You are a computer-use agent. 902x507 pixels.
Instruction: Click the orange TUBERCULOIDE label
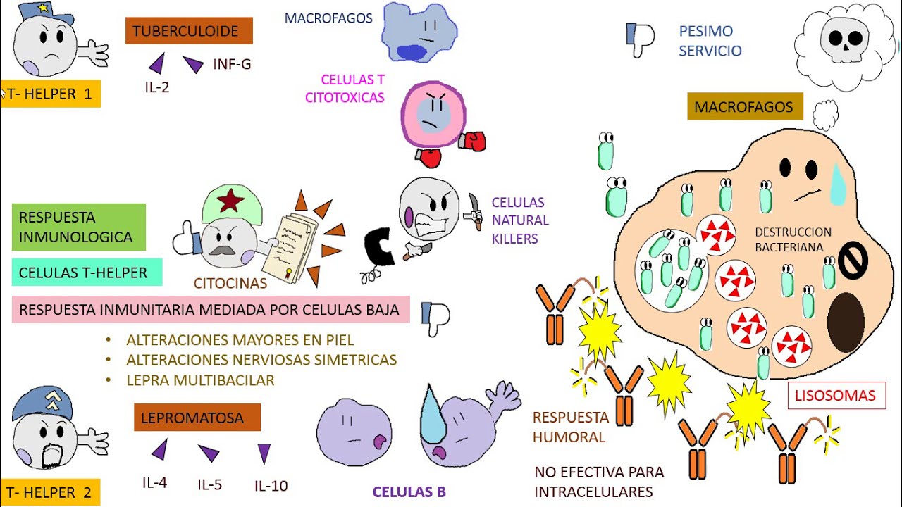[189, 31]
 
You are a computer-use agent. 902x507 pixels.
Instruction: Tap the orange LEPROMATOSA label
[197, 418]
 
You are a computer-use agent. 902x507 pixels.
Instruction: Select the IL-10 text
[271, 486]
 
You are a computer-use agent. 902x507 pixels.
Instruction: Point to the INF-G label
[232, 65]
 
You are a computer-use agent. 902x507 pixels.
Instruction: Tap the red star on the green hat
[231, 202]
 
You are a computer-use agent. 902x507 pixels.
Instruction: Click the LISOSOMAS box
[836, 396]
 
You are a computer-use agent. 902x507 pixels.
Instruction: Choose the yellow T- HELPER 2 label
[49, 492]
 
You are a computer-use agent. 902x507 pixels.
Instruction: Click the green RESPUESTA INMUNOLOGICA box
[78, 227]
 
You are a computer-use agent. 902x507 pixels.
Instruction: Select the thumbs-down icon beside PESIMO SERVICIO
[640, 38]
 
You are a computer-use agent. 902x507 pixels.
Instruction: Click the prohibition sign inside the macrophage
[851, 261]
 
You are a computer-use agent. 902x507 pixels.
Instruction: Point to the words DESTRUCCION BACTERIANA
[793, 239]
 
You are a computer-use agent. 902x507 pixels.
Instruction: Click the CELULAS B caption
[409, 492]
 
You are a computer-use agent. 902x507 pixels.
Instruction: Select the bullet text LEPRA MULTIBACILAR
[200, 380]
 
